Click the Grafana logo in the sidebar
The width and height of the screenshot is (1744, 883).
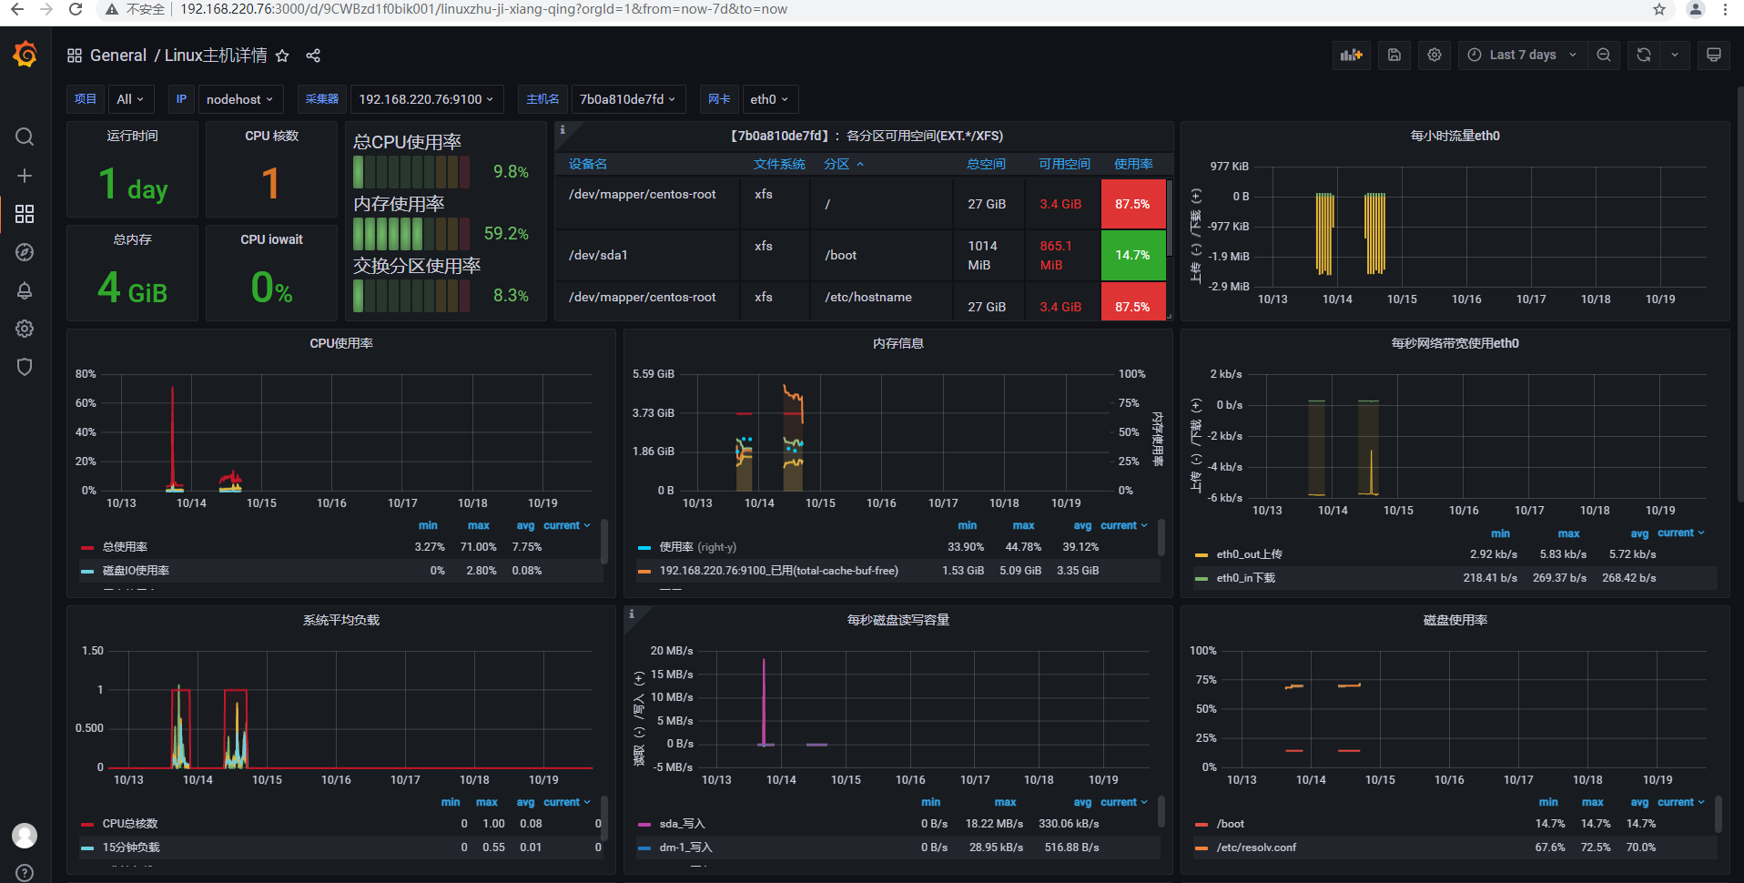click(25, 56)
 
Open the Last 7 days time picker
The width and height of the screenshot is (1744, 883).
click(1523, 55)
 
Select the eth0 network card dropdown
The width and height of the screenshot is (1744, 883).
click(768, 99)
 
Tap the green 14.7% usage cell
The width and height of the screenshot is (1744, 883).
click(1132, 255)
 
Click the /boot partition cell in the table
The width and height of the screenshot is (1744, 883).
click(841, 255)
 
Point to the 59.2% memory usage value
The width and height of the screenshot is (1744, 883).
click(506, 233)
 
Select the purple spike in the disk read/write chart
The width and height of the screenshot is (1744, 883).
click(764, 692)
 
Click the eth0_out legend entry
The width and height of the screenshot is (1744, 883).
click(1249, 554)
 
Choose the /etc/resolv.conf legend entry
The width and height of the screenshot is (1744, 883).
click(1256, 847)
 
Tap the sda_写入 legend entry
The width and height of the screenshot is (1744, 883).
click(682, 824)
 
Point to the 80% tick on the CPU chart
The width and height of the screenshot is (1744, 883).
click(86, 374)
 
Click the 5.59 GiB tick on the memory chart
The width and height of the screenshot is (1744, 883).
click(653, 374)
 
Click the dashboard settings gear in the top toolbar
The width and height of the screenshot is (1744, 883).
click(1435, 55)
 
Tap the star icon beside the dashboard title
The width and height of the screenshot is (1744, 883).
click(282, 56)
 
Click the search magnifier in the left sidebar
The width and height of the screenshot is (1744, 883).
click(25, 137)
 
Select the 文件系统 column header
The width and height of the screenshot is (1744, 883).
click(779, 164)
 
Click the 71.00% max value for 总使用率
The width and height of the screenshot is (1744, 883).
click(478, 547)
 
